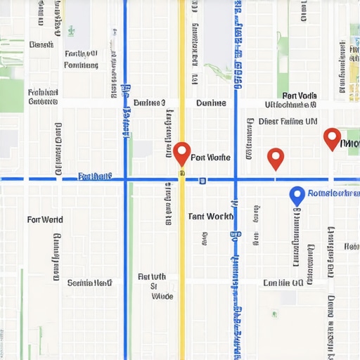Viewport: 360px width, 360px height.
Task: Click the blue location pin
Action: (297, 195)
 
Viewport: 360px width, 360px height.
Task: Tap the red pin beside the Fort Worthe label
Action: (182, 153)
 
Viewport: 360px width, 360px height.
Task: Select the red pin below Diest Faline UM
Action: (276, 157)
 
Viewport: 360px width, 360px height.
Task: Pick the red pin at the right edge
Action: (332, 138)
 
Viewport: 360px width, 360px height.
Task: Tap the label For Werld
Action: (45, 219)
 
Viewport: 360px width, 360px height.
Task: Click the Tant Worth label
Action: (211, 217)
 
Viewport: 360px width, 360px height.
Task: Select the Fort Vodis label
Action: (300, 96)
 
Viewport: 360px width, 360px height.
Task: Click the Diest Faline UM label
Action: (288, 121)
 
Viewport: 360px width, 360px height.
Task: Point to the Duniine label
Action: (211, 103)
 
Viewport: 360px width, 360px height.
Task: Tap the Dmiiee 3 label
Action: (148, 103)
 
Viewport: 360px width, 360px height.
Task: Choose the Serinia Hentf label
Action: (90, 283)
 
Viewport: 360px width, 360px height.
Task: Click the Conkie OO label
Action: (283, 283)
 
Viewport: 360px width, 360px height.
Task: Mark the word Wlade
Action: (162, 296)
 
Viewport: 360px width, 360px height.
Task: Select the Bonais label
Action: (42, 44)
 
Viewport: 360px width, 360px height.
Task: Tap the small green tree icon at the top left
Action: (71, 30)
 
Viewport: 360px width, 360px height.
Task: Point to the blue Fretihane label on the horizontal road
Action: (95, 176)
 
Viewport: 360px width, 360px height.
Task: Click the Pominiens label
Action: (81, 65)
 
